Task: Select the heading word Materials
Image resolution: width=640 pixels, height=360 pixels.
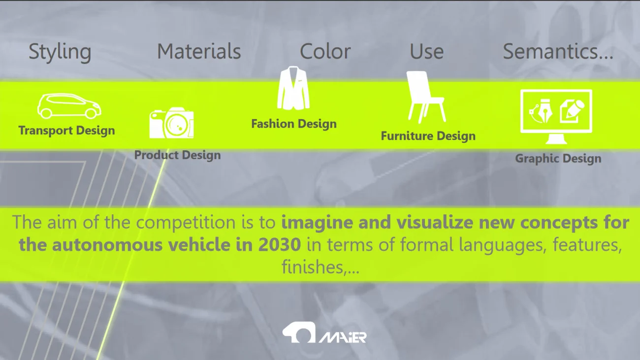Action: click(x=199, y=52)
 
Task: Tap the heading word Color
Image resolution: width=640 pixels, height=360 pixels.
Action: click(x=325, y=52)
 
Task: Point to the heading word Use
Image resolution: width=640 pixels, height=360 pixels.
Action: click(x=426, y=52)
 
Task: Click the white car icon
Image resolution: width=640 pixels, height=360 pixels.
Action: click(x=69, y=106)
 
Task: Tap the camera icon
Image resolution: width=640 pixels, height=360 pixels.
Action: click(x=171, y=123)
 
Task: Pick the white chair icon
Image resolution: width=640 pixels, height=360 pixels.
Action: click(x=425, y=97)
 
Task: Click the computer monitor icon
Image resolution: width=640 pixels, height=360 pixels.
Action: click(x=556, y=116)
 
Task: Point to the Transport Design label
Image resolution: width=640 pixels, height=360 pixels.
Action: click(x=66, y=131)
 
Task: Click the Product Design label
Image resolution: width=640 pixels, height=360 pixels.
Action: click(x=177, y=155)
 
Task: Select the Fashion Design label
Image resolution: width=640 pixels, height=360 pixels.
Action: click(x=294, y=124)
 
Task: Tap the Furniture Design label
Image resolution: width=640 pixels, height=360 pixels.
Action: click(x=428, y=136)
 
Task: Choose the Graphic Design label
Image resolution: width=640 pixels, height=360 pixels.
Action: click(x=558, y=159)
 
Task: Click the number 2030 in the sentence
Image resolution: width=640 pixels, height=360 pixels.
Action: click(x=280, y=245)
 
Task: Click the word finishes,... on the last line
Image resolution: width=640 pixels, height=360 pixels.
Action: click(x=320, y=266)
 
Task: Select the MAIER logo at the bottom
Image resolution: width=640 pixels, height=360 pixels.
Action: click(x=324, y=333)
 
